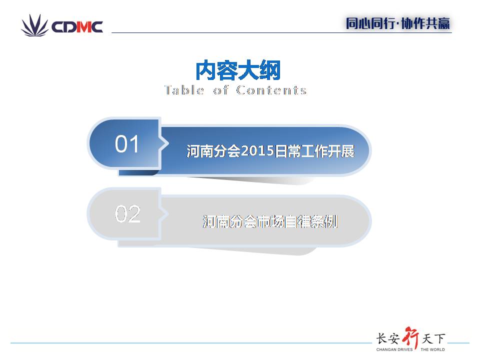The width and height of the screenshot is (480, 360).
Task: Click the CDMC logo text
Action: point(77,27)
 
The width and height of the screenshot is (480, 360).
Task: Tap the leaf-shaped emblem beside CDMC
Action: point(34,25)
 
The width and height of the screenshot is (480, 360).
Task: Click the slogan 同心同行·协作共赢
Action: point(397,23)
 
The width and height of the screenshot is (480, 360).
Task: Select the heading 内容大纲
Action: point(238,70)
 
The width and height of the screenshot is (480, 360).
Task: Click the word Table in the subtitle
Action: point(184,90)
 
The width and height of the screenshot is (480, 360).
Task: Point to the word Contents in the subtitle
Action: point(271,90)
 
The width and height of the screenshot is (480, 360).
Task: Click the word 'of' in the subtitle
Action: point(220,90)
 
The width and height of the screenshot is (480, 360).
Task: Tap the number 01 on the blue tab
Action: point(126,143)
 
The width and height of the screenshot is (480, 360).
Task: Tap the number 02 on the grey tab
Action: point(127,213)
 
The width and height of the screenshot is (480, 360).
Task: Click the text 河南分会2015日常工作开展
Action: point(270,151)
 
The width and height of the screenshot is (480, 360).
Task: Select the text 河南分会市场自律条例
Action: point(270,221)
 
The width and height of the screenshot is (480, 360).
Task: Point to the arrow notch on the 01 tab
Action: point(164,143)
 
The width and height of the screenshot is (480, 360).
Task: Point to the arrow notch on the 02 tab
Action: point(164,213)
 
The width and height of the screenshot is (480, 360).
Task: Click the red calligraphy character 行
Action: point(411,337)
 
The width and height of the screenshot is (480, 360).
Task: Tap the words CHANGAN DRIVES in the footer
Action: point(394,349)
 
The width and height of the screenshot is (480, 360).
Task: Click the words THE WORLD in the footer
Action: point(432,349)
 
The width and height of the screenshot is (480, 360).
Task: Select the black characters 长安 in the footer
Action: point(388,338)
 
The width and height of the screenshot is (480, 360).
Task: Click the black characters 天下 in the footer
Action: point(433,338)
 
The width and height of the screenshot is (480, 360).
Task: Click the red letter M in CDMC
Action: point(82,27)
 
